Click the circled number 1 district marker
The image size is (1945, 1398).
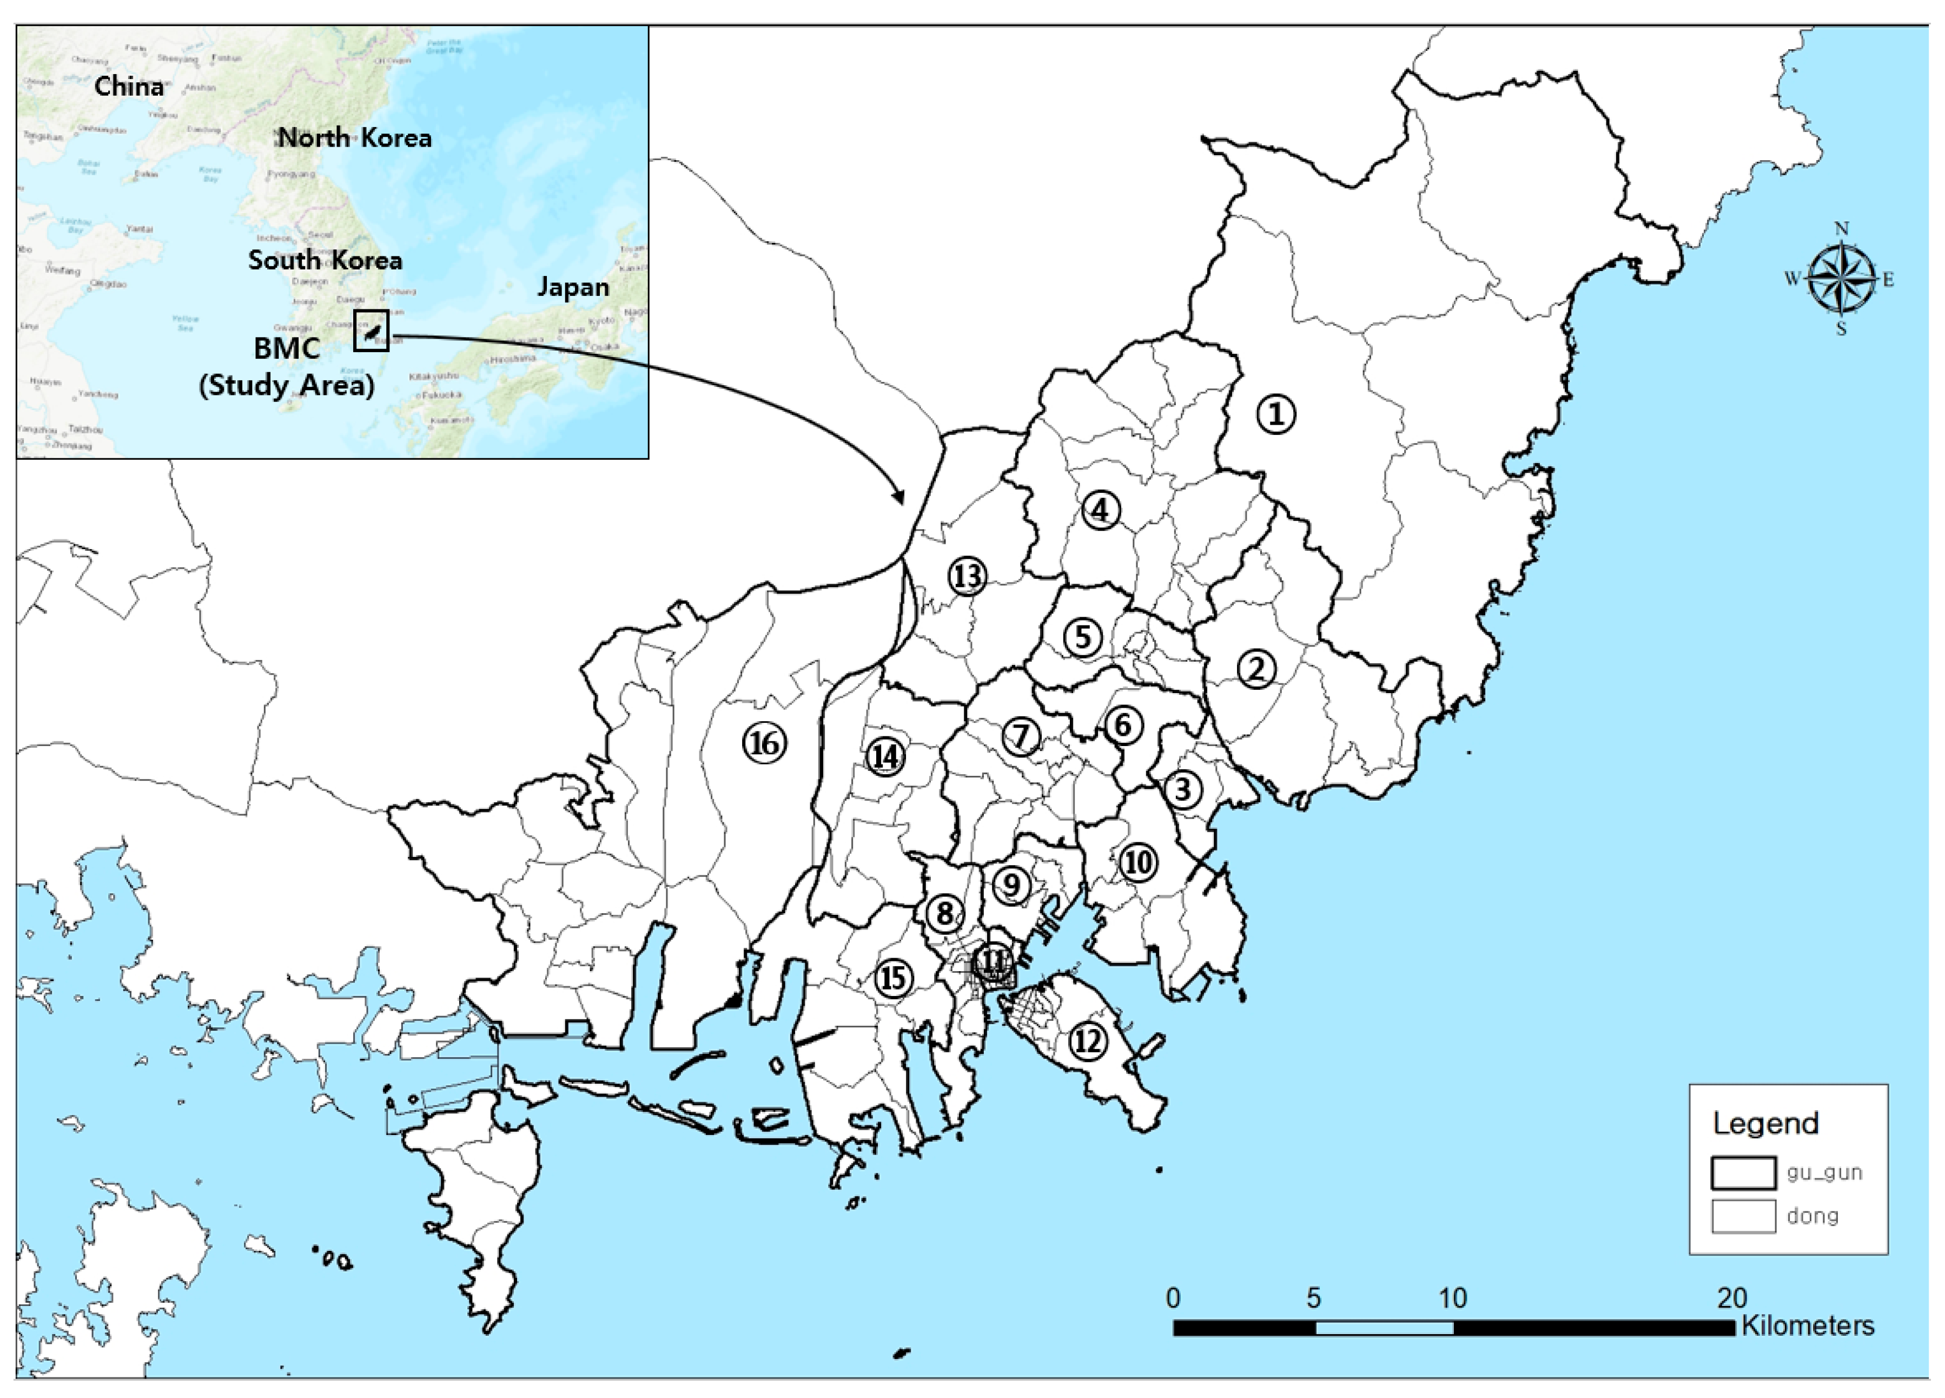click(x=1276, y=414)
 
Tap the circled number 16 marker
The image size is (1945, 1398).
click(x=764, y=743)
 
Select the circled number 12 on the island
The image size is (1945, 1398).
click(x=1087, y=1042)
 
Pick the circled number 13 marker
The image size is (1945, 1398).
click(x=967, y=576)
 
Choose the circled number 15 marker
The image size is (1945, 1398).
click(x=893, y=978)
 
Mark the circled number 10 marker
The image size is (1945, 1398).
click(x=1138, y=862)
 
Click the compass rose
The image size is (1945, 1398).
click(x=1841, y=279)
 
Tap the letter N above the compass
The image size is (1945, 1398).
click(x=1841, y=229)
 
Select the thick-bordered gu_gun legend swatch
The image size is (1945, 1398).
click(x=1743, y=1173)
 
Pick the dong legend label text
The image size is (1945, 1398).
click(x=1812, y=1216)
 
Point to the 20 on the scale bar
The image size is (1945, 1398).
click(x=1731, y=1298)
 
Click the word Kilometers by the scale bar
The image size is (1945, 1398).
click(x=1808, y=1326)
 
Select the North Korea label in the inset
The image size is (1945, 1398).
click(x=355, y=137)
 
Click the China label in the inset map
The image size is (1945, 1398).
click(x=129, y=86)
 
